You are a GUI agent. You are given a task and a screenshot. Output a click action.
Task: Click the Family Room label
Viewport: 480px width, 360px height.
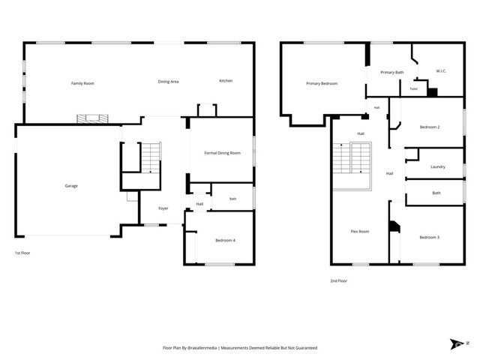82,83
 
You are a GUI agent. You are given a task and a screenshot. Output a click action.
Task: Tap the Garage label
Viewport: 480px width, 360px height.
71,186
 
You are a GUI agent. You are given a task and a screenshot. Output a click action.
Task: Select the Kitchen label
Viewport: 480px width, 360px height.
226,81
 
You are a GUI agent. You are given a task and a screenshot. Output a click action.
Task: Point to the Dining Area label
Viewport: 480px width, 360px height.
168,82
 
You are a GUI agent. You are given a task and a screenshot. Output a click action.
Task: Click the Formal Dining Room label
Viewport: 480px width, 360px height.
223,153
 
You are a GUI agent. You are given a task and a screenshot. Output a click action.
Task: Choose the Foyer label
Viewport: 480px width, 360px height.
163,208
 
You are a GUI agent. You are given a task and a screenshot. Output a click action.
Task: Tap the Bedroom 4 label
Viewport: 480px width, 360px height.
225,240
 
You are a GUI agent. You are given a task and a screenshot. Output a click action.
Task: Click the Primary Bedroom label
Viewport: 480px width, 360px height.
322,83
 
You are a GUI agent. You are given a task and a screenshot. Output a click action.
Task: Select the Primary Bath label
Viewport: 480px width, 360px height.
392,73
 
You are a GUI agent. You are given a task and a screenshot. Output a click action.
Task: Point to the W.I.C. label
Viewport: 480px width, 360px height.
441,71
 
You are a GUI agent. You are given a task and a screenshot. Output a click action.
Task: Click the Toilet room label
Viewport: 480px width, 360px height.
413,88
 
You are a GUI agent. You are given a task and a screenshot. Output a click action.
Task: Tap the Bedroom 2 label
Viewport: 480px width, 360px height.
430,127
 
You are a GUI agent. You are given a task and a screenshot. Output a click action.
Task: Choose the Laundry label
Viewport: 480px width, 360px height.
438,166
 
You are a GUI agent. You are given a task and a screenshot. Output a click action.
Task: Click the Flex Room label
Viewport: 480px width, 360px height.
360,232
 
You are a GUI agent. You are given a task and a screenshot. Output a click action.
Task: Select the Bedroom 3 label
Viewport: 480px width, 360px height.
430,237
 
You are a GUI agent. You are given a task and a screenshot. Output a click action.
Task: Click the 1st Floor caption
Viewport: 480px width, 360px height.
22,253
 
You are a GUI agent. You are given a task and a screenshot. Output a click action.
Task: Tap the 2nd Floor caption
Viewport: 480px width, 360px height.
338,280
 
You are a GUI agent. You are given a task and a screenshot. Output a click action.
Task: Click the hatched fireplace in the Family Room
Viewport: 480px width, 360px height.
92,118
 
